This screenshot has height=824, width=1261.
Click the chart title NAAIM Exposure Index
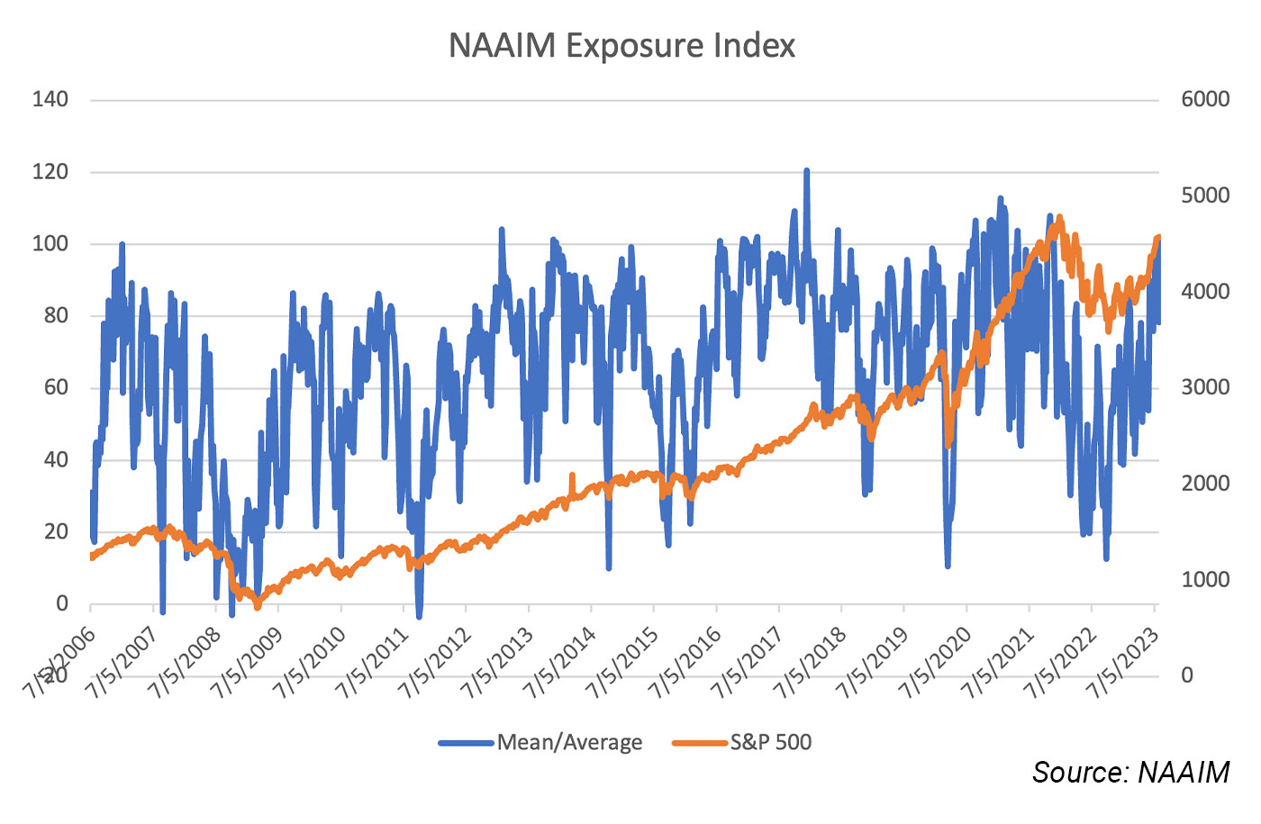(621, 46)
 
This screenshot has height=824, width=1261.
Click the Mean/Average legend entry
(569, 743)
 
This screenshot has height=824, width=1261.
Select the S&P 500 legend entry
(770, 743)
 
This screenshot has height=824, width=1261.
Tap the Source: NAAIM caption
(1130, 773)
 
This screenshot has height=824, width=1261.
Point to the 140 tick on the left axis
(50, 100)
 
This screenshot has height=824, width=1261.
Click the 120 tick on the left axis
(50, 172)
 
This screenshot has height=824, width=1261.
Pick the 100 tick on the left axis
(50, 244)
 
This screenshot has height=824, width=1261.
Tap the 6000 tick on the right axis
(1205, 100)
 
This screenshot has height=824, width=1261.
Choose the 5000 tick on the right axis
(1205, 196)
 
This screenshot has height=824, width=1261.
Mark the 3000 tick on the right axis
(1205, 388)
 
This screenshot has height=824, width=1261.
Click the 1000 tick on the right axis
(1205, 580)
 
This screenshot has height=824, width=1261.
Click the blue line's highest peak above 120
(806, 170)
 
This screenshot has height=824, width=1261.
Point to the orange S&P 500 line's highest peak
(1059, 217)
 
